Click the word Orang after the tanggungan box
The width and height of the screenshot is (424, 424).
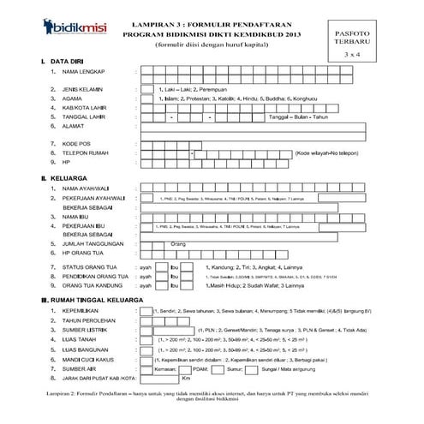[178, 244]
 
